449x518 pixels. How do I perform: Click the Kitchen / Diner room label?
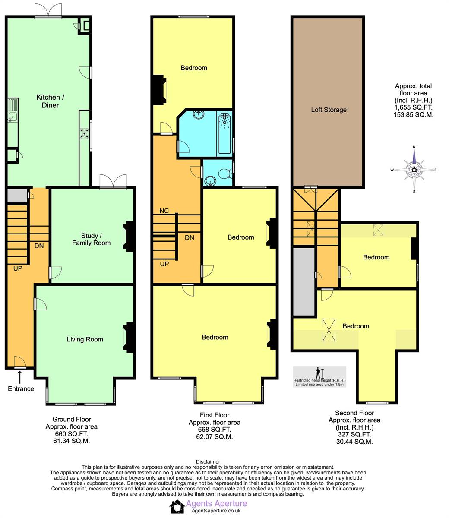(47, 101)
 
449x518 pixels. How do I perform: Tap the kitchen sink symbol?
(12, 116)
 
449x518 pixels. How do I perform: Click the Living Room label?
(85, 339)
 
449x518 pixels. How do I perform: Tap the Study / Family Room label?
(91, 239)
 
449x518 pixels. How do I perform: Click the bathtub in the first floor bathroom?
(224, 133)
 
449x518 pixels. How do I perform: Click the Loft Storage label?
(329, 110)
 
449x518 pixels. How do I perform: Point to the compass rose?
(414, 170)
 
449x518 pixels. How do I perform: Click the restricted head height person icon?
(318, 372)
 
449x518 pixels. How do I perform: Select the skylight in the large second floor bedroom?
(329, 330)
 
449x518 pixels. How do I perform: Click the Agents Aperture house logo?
(177, 507)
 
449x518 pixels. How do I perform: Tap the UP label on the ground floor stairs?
(18, 268)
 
